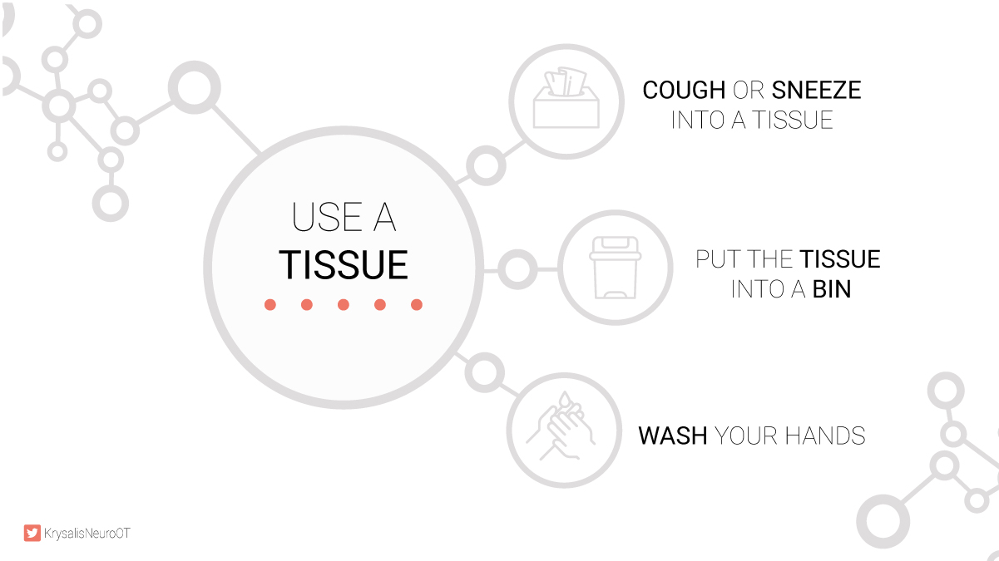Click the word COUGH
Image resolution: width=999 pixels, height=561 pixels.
[x=684, y=90]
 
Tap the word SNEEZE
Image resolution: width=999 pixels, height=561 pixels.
[x=816, y=90]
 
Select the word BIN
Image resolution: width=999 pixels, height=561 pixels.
[x=832, y=289]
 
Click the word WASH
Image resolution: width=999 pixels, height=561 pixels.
[x=673, y=436]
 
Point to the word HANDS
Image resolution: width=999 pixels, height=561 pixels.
[x=825, y=436]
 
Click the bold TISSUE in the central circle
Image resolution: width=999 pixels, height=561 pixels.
[x=344, y=265]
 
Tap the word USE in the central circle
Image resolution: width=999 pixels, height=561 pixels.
[x=326, y=217]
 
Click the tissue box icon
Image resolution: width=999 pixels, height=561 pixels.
[x=566, y=97]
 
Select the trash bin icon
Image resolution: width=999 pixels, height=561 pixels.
[x=615, y=268]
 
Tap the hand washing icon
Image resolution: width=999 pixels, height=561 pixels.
[x=561, y=426]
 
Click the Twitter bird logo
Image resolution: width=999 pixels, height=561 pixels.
[x=32, y=533]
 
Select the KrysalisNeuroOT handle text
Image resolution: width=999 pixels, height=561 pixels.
[x=87, y=534]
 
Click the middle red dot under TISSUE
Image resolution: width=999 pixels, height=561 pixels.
[x=344, y=304]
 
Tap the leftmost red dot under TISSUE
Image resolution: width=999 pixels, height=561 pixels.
[x=270, y=304]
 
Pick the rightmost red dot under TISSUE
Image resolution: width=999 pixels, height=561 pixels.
[x=417, y=304]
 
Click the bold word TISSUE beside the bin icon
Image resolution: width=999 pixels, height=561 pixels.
[x=840, y=259]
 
